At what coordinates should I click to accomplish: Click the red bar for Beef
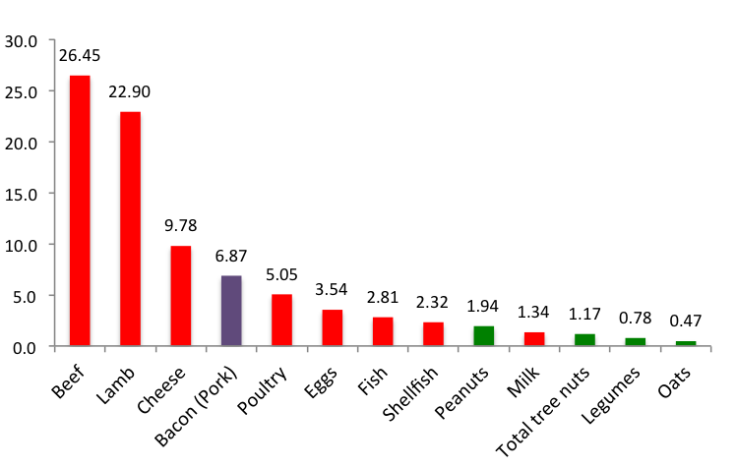[80, 210]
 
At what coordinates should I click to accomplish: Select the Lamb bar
[130, 228]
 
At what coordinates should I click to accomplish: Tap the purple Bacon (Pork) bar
[230, 311]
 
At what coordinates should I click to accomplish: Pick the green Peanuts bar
[483, 336]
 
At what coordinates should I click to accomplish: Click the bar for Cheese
[181, 296]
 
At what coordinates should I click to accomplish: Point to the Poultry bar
[281, 321]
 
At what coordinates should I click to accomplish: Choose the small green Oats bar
[685, 343]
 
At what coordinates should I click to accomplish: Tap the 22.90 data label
[130, 91]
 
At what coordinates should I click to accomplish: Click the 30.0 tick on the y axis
[22, 41]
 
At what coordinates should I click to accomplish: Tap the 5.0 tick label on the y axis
[26, 296]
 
